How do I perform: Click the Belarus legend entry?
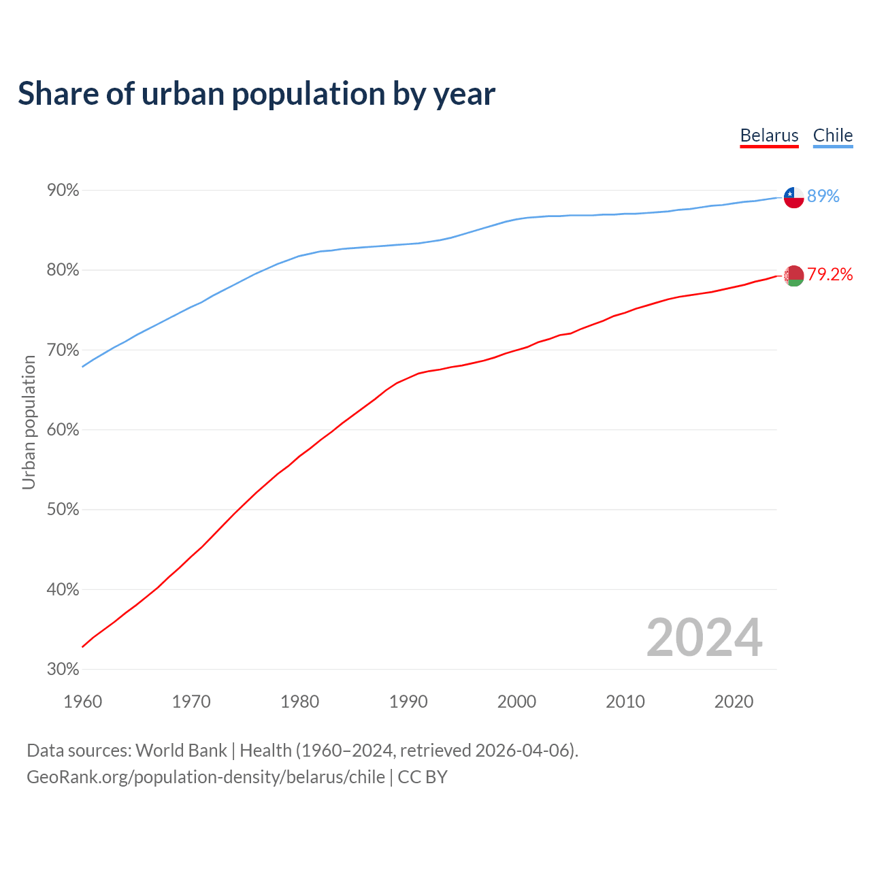point(769,135)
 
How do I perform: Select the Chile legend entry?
point(832,135)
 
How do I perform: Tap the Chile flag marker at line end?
point(793,197)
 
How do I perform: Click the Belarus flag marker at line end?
point(793,276)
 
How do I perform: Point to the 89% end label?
point(823,197)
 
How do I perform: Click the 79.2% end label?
point(829,274)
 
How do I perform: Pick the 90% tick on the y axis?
point(63,191)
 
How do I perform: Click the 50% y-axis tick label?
point(63,510)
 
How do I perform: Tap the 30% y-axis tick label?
point(63,670)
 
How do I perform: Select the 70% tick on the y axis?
point(63,350)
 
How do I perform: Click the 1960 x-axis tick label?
point(82,702)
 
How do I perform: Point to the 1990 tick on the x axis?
point(408,702)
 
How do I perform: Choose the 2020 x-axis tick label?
point(734,702)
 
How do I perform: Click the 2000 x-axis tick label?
point(516,702)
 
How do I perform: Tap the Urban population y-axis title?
point(29,423)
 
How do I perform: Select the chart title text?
point(257,94)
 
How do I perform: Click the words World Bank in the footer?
point(181,751)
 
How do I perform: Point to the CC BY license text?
point(423,777)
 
